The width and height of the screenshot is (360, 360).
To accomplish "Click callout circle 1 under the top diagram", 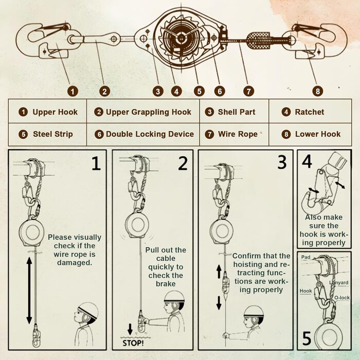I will (73, 91).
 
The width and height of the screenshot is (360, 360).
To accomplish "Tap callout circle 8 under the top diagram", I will (318, 91).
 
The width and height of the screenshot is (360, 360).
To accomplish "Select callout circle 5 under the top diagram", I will (199, 91).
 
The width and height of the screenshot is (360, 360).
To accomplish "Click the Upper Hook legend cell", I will (48, 112).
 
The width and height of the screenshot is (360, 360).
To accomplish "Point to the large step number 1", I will (95, 163).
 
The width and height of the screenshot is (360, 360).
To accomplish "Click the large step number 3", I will (281, 162).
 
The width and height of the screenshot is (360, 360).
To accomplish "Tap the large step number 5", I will (307, 339).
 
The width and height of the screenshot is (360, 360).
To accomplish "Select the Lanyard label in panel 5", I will (338, 283).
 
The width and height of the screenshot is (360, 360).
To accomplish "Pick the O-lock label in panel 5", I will (341, 297).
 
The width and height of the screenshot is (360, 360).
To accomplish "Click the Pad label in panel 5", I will (305, 256).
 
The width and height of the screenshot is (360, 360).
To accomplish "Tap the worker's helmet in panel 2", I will (174, 297).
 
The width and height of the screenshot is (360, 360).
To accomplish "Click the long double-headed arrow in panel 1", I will (28, 289).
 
